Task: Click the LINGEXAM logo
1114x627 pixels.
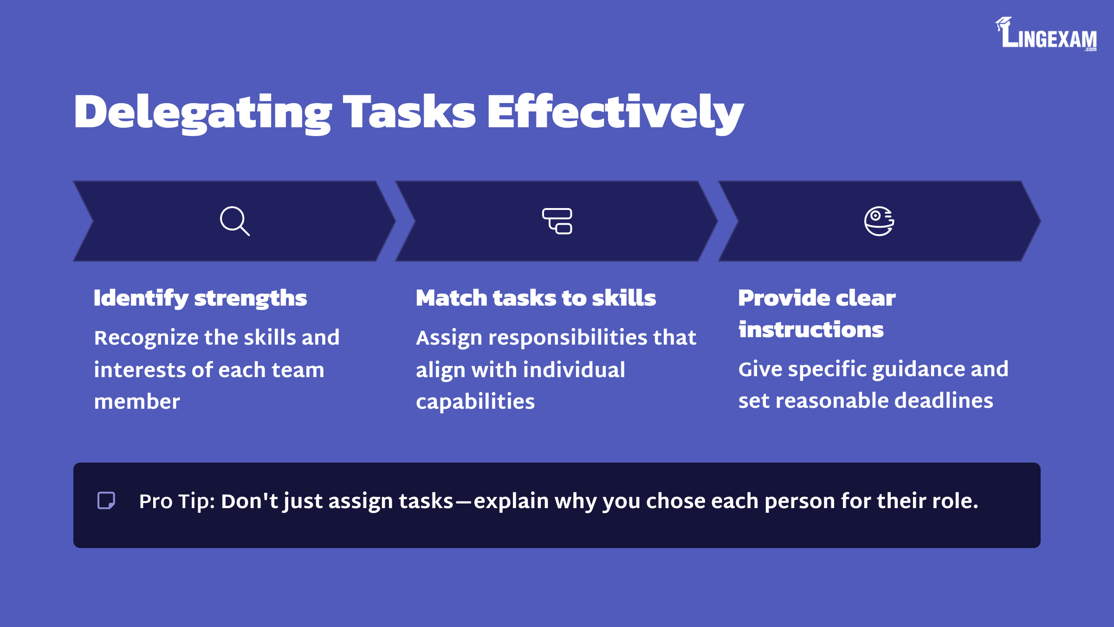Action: [1046, 34]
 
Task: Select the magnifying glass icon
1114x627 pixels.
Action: [235, 221]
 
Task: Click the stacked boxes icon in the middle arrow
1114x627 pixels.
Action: [557, 221]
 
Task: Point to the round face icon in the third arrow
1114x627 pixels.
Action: [879, 221]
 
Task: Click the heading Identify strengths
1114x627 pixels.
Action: [200, 299]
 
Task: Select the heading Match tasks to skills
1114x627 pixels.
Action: [536, 298]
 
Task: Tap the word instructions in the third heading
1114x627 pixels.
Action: [811, 329]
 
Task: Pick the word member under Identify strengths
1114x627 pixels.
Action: [137, 401]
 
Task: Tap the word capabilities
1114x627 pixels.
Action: [475, 402]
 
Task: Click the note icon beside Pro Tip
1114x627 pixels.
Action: [106, 501]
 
